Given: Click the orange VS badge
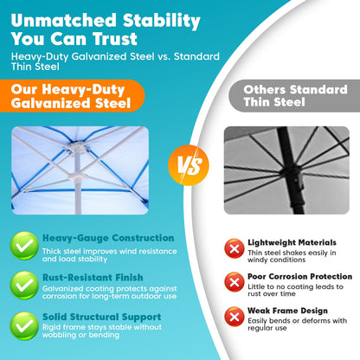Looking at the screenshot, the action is (189, 165).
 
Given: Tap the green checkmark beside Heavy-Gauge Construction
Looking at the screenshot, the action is (24, 246).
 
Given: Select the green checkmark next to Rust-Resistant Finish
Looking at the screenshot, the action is (24, 286).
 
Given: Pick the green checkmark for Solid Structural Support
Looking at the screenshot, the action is (24, 325).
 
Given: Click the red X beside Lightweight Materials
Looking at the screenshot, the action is (235, 248).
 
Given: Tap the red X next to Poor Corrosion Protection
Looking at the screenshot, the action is (235, 282).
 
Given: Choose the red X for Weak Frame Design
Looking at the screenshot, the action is (235, 317).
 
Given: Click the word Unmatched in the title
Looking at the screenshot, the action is (63, 20).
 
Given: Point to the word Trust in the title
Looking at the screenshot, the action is (115, 39).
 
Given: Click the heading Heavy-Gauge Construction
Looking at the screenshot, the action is (108, 238).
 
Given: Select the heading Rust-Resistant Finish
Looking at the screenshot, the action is (93, 278).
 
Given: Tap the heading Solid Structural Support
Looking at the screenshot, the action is (101, 317).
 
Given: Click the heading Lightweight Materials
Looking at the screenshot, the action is (292, 242).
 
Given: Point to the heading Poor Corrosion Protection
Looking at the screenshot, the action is (299, 276).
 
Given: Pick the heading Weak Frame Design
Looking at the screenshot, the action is (287, 311).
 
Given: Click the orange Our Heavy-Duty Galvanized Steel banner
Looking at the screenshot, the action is (72, 96).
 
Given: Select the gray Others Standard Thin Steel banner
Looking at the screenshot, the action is (294, 96).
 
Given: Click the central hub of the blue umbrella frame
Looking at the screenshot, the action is (76, 147).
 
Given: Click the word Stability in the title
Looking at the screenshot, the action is (162, 21).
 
